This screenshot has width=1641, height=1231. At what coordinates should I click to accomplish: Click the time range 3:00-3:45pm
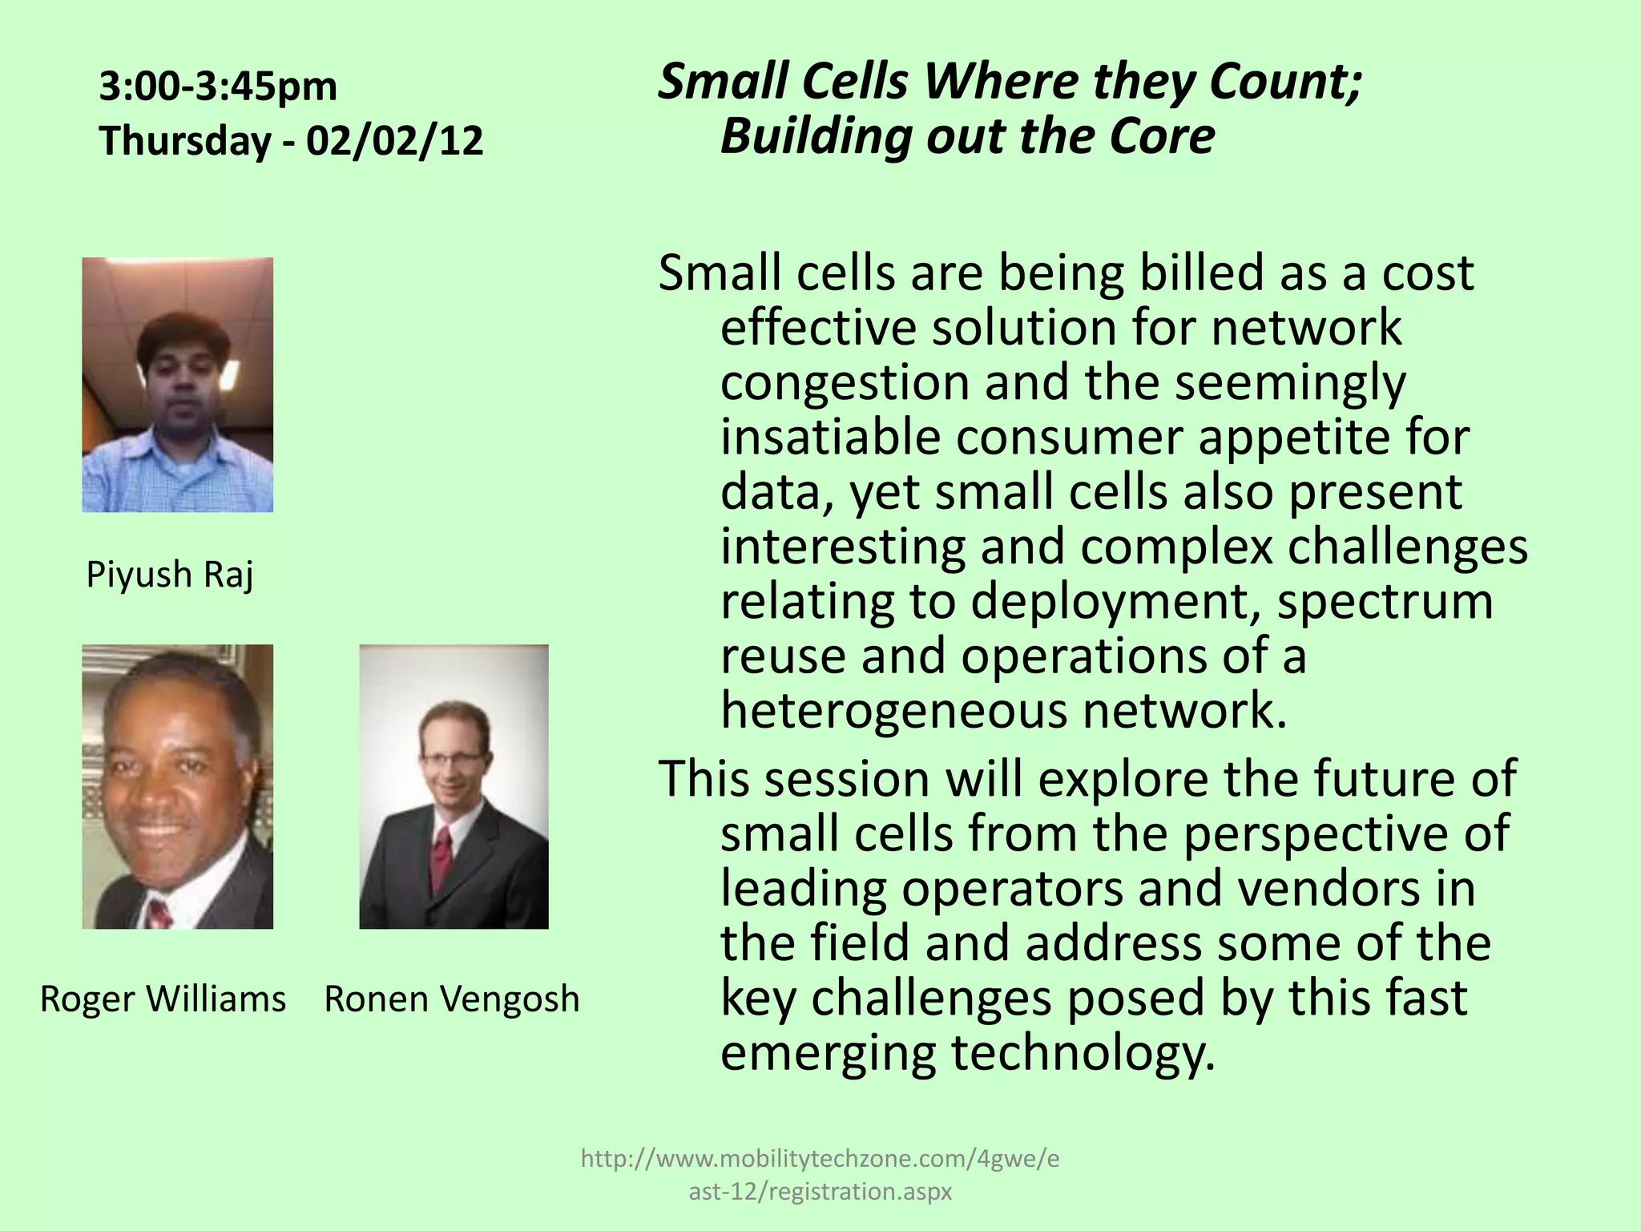tap(218, 87)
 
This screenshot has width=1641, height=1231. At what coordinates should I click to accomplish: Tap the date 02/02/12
tap(394, 141)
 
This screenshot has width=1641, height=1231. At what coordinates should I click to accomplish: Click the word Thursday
tap(185, 141)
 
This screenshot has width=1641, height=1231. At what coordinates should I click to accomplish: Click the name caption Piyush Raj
tap(170, 575)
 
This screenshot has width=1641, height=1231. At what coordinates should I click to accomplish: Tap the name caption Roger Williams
tap(163, 999)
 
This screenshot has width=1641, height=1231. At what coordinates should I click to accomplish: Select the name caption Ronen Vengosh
tap(451, 999)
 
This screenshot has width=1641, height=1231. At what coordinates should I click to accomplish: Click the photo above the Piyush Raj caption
tap(177, 385)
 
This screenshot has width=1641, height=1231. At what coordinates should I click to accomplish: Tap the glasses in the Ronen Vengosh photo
tap(454, 758)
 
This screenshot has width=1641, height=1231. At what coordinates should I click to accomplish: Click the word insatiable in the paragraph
tap(830, 438)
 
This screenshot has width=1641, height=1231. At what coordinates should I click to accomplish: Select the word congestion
tap(844, 383)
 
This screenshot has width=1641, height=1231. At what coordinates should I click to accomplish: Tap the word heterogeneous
tap(893, 711)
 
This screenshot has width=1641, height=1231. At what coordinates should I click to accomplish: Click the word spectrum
tap(1385, 601)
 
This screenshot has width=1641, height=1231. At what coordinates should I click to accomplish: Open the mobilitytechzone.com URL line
tap(820, 1159)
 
